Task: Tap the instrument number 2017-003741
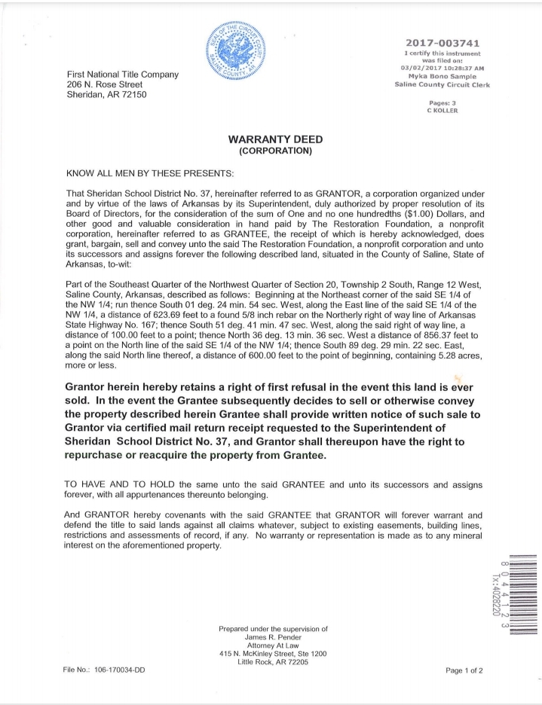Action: [x=442, y=43]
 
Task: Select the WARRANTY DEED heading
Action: [x=270, y=140]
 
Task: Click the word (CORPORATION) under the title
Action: [x=270, y=151]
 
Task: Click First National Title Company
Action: [x=122, y=75]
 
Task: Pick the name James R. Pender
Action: [x=273, y=637]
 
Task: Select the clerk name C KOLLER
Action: [x=442, y=111]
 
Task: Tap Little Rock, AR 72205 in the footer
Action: [x=273, y=661]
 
